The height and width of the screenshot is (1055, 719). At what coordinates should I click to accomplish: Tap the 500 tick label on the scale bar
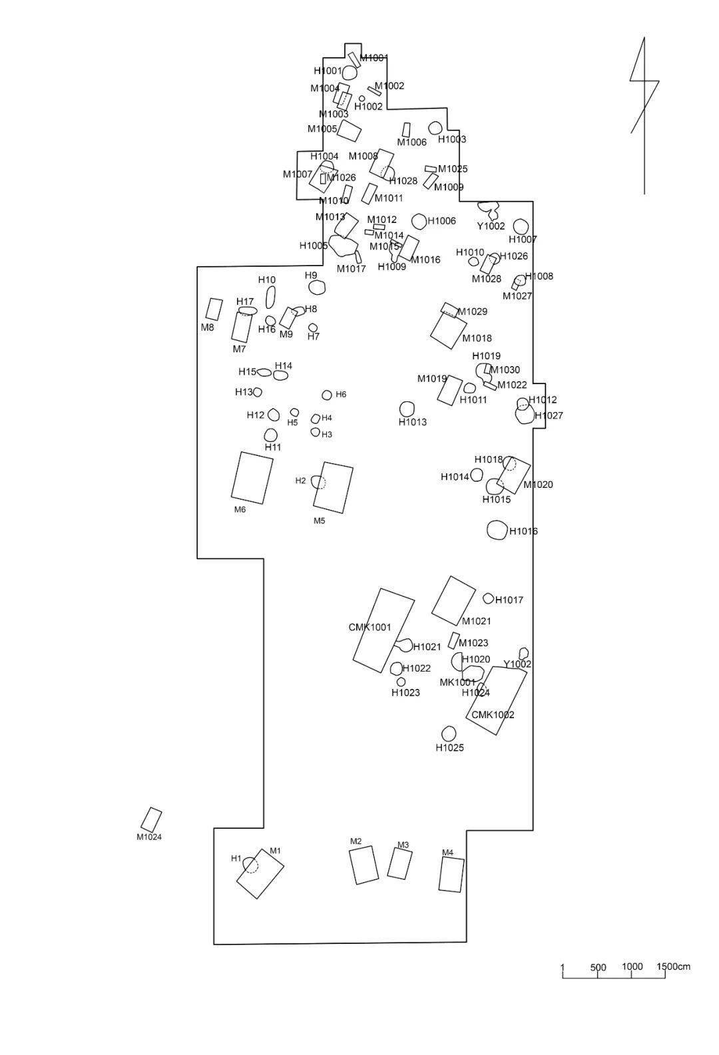pyautogui.click(x=598, y=967)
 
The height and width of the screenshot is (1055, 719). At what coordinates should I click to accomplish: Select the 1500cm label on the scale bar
pyautogui.click(x=674, y=966)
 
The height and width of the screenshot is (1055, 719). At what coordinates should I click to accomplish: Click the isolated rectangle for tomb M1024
pyautogui.click(x=152, y=819)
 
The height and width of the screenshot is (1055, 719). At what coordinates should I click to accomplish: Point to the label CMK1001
pyautogui.click(x=369, y=627)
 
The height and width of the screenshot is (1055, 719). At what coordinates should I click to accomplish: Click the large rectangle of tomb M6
pyautogui.click(x=252, y=477)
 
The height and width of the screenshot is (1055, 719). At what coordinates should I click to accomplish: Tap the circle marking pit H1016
pyautogui.click(x=496, y=530)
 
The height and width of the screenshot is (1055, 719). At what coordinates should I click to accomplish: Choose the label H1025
pyautogui.click(x=449, y=747)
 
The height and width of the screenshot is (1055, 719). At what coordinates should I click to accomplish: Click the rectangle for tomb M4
pyautogui.click(x=451, y=874)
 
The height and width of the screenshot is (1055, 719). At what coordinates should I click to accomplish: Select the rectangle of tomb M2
pyautogui.click(x=363, y=865)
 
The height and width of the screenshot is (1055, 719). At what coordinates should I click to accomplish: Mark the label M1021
pyautogui.click(x=476, y=621)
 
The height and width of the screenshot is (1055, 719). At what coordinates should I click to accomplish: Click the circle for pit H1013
pyautogui.click(x=407, y=409)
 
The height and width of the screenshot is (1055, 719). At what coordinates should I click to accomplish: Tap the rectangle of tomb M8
pyautogui.click(x=214, y=309)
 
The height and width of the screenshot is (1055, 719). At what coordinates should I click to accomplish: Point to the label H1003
pyautogui.click(x=452, y=139)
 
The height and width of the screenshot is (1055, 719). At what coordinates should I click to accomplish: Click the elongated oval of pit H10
pyautogui.click(x=270, y=297)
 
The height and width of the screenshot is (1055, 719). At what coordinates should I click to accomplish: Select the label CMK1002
pyautogui.click(x=493, y=715)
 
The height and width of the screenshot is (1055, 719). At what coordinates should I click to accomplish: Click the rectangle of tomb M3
pyautogui.click(x=399, y=864)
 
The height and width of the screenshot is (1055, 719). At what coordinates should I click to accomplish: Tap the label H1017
pyautogui.click(x=509, y=600)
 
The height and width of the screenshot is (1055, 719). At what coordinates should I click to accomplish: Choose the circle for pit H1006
pyautogui.click(x=419, y=221)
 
